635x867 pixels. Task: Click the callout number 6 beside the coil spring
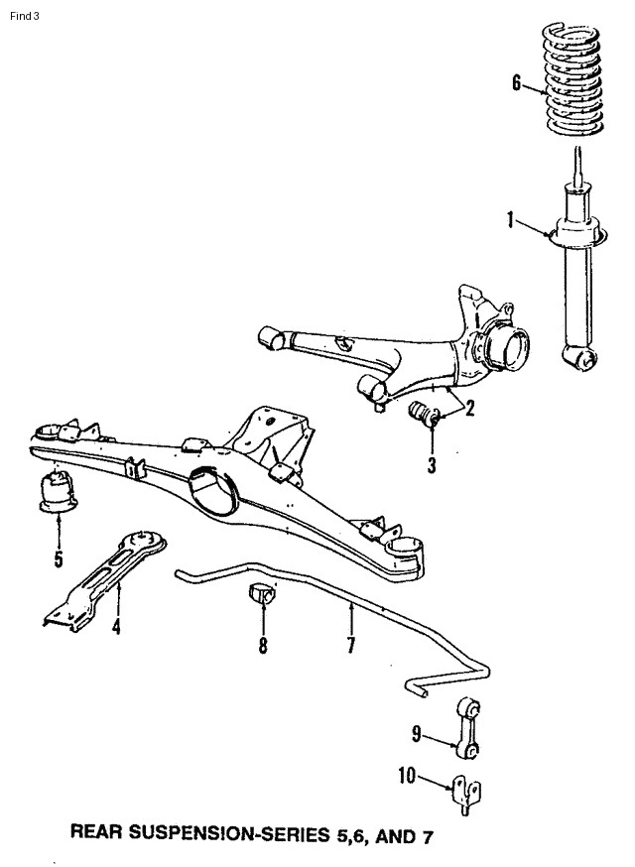pos(516,83)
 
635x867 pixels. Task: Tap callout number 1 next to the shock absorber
pos(511,220)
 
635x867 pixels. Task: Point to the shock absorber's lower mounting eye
pos(580,357)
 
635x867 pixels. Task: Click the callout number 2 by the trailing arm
pos(469,406)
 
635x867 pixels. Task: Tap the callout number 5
pos(58,560)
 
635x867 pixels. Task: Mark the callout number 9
pos(418,735)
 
